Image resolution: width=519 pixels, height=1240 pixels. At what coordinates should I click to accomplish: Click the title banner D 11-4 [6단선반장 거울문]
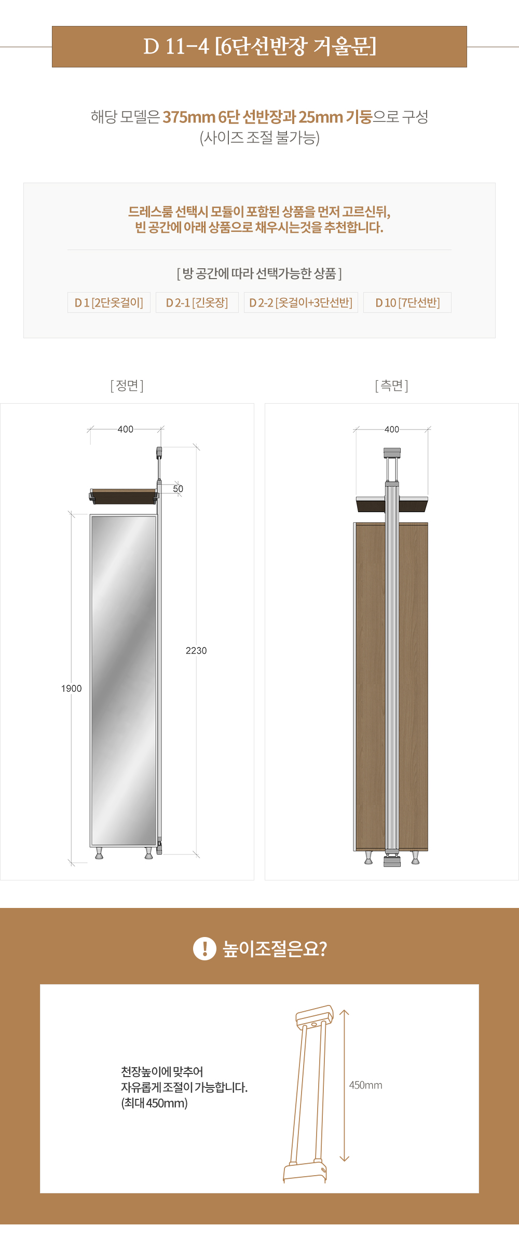click(259, 47)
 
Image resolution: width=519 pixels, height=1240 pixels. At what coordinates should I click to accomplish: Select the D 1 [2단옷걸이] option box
click(109, 302)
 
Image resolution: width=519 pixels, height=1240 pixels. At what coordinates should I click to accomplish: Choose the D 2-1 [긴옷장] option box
click(197, 302)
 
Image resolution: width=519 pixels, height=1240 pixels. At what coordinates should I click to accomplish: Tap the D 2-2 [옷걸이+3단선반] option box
click(301, 302)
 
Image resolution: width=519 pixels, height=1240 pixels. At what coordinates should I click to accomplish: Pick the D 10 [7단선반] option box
click(407, 302)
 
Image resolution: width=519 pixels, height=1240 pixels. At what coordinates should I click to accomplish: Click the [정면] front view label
click(127, 385)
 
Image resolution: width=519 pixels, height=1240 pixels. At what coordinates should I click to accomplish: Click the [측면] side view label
click(392, 385)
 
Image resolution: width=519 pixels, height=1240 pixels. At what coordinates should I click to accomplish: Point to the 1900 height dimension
click(72, 688)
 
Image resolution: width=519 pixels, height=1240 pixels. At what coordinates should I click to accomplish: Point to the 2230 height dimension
click(196, 651)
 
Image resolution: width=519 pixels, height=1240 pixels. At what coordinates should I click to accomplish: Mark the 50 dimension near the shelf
click(178, 489)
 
